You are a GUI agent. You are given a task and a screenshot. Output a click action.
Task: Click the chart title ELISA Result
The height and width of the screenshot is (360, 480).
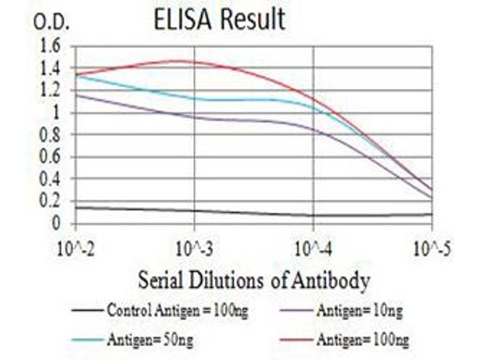coord(219,19)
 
